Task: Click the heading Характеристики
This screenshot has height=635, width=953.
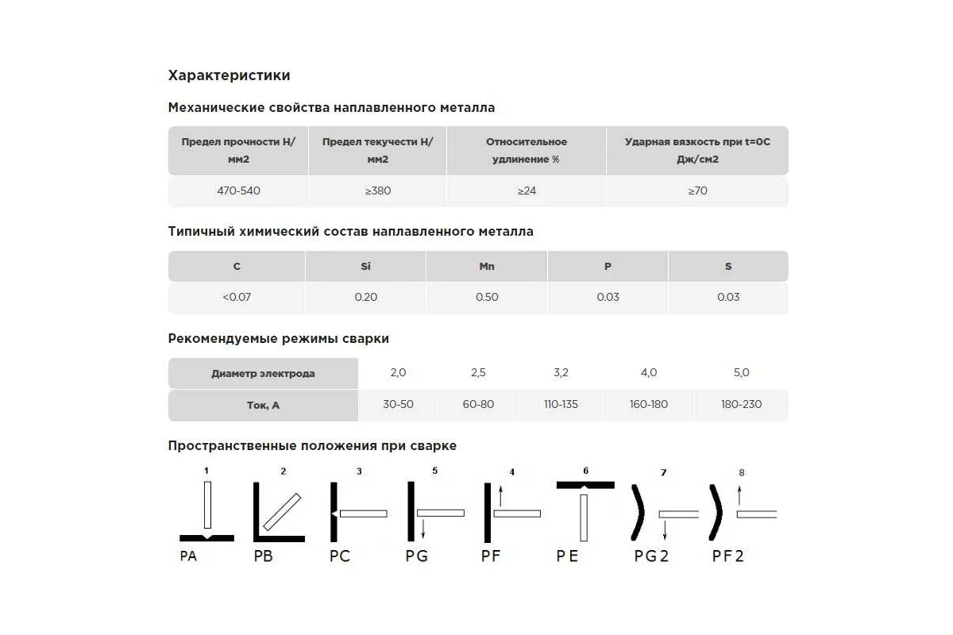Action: click(229, 75)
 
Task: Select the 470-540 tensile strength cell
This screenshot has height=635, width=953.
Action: click(238, 191)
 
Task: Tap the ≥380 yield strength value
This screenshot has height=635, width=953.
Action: click(377, 191)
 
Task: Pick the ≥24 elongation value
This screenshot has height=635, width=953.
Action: click(527, 191)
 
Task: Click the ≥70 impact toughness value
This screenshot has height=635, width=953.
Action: click(697, 191)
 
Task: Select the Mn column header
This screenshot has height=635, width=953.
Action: click(487, 267)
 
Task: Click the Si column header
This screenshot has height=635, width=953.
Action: click(365, 267)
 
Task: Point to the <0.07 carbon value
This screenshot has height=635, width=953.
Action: click(237, 297)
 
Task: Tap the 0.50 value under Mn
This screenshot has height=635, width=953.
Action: click(487, 297)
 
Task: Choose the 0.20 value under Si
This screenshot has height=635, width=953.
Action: click(365, 297)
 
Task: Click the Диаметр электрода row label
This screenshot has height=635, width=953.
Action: click(263, 374)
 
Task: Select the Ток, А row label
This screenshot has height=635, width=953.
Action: click(263, 405)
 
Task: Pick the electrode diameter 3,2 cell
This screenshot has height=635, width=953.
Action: click(561, 372)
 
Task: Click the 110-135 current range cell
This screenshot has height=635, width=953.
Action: click(561, 404)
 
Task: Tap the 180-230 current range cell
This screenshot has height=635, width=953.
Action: click(741, 404)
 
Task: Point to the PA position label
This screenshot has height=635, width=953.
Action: click(188, 556)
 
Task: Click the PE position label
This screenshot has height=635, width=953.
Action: click(567, 556)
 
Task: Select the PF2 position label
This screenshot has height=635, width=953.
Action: click(727, 556)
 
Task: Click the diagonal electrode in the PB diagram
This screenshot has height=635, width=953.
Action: click(282, 512)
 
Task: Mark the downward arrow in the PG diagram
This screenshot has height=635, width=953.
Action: click(424, 527)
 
